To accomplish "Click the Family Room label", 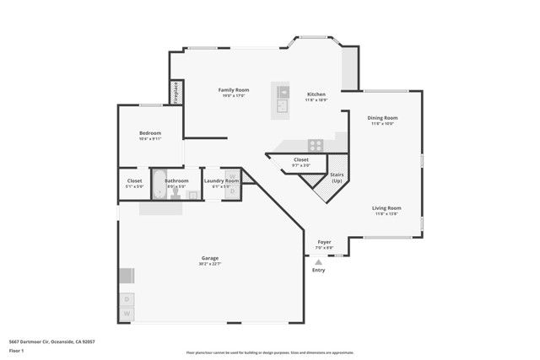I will pyautogui.click(x=235, y=89).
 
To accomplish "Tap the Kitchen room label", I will pyautogui.click(x=316, y=94).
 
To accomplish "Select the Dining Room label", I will pyautogui.click(x=382, y=118).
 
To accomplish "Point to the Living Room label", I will pyautogui.click(x=387, y=207).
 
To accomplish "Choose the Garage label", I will pyautogui.click(x=210, y=258).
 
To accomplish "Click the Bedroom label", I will pyautogui.click(x=150, y=133).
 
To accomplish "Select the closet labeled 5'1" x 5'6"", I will pyautogui.click(x=134, y=180).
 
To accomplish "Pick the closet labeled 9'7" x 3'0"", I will pyautogui.click(x=301, y=159).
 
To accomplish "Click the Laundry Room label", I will pyautogui.click(x=221, y=180).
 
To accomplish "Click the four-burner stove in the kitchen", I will pyautogui.click(x=316, y=145).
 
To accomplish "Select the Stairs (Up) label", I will pyautogui.click(x=337, y=177).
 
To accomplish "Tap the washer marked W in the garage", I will pyautogui.click(x=127, y=314).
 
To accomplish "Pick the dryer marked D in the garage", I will pyautogui.click(x=127, y=298).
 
